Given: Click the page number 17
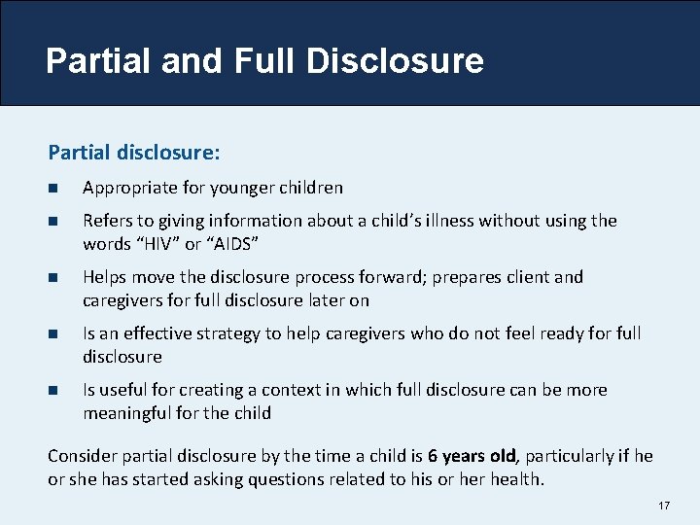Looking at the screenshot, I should (x=665, y=507).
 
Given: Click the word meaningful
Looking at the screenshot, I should (x=130, y=413).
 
